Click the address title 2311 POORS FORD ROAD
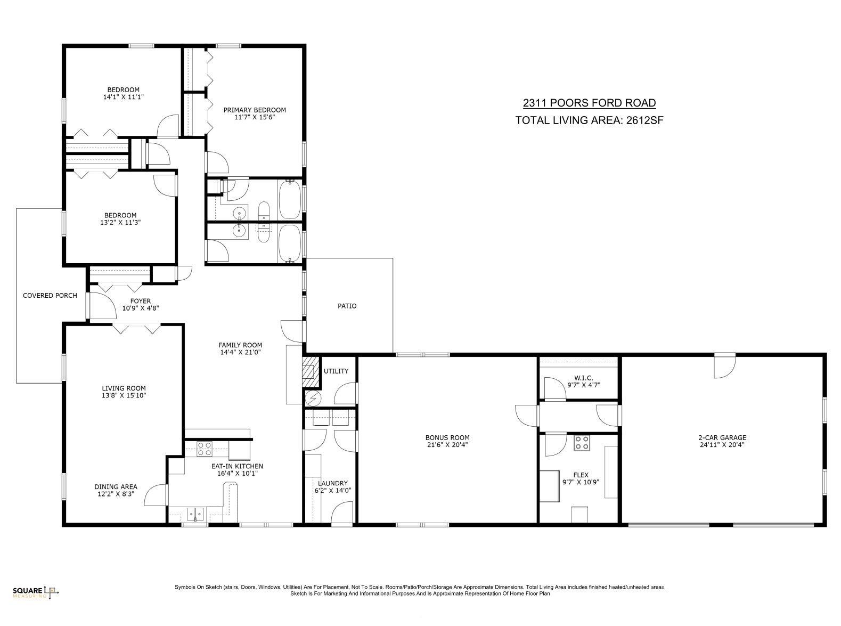pos(589,103)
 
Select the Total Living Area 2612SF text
pos(589,120)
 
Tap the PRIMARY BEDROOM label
pos(255,110)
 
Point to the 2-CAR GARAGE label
pos(722,437)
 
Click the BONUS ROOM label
pos(447,437)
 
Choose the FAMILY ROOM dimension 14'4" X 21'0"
pos(240,352)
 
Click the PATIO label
pos(347,306)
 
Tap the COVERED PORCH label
pos(50,296)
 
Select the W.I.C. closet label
pos(584,378)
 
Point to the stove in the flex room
pos(582,443)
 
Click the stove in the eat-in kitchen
pos(204,449)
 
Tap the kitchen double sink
pos(195,514)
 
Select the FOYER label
pos(140,301)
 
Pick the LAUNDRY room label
pos(332,483)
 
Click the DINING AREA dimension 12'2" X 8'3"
pos(116,494)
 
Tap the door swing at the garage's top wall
pos(724,365)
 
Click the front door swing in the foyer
pos(102,305)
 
